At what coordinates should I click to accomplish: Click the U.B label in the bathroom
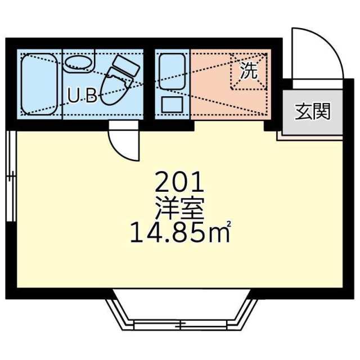[82, 96]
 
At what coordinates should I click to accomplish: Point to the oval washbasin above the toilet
[78, 63]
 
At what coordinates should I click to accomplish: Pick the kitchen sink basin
[172, 70]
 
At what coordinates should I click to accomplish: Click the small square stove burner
[172, 105]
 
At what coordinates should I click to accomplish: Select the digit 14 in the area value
[141, 232]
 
